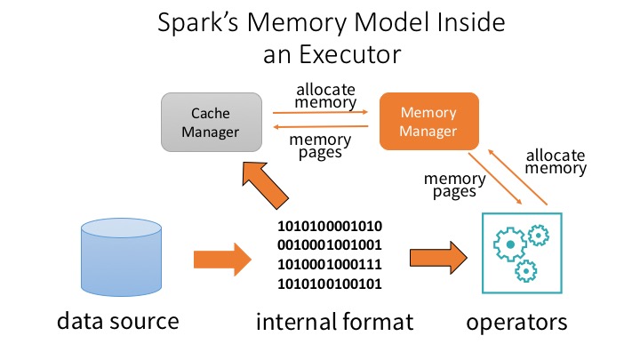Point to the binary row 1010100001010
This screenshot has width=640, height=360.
pos(331,226)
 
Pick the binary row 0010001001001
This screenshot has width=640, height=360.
pos(331,245)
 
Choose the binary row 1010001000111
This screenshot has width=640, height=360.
pos(331,265)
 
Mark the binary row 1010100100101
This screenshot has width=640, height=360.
pos(331,284)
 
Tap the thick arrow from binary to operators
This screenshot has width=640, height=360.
pos(438,260)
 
